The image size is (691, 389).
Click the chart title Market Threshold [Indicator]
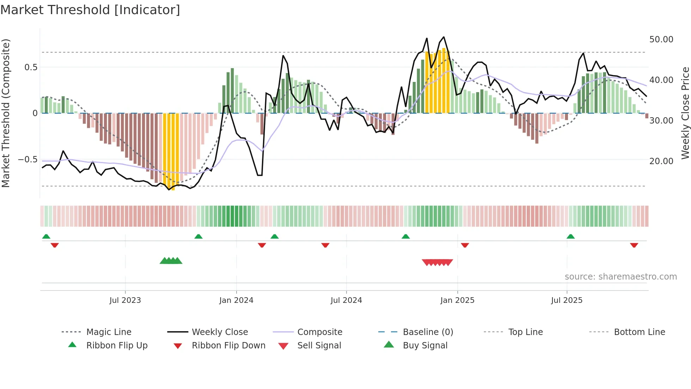90,10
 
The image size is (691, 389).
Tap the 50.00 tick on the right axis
661,40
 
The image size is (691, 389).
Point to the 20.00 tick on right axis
661,161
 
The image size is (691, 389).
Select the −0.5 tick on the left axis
27,160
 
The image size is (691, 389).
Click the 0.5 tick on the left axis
31,67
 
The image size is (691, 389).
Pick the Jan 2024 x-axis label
236,300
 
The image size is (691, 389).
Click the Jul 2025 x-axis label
567,300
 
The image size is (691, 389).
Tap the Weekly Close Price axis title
685,113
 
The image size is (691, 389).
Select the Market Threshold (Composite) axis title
6,113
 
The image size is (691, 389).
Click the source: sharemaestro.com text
620,277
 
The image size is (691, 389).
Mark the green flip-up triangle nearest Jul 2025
570,237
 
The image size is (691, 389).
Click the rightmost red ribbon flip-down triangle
634,245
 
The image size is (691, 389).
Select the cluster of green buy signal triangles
171,261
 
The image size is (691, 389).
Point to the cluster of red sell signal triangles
437,262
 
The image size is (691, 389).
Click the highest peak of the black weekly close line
444,37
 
